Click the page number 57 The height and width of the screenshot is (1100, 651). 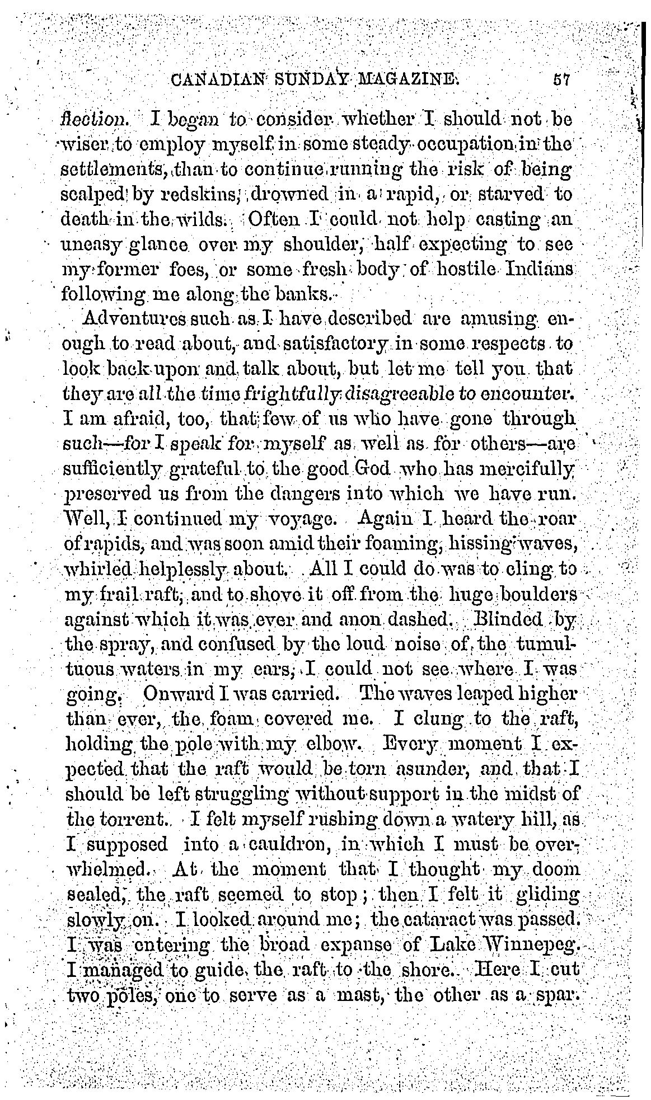[560, 80]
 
